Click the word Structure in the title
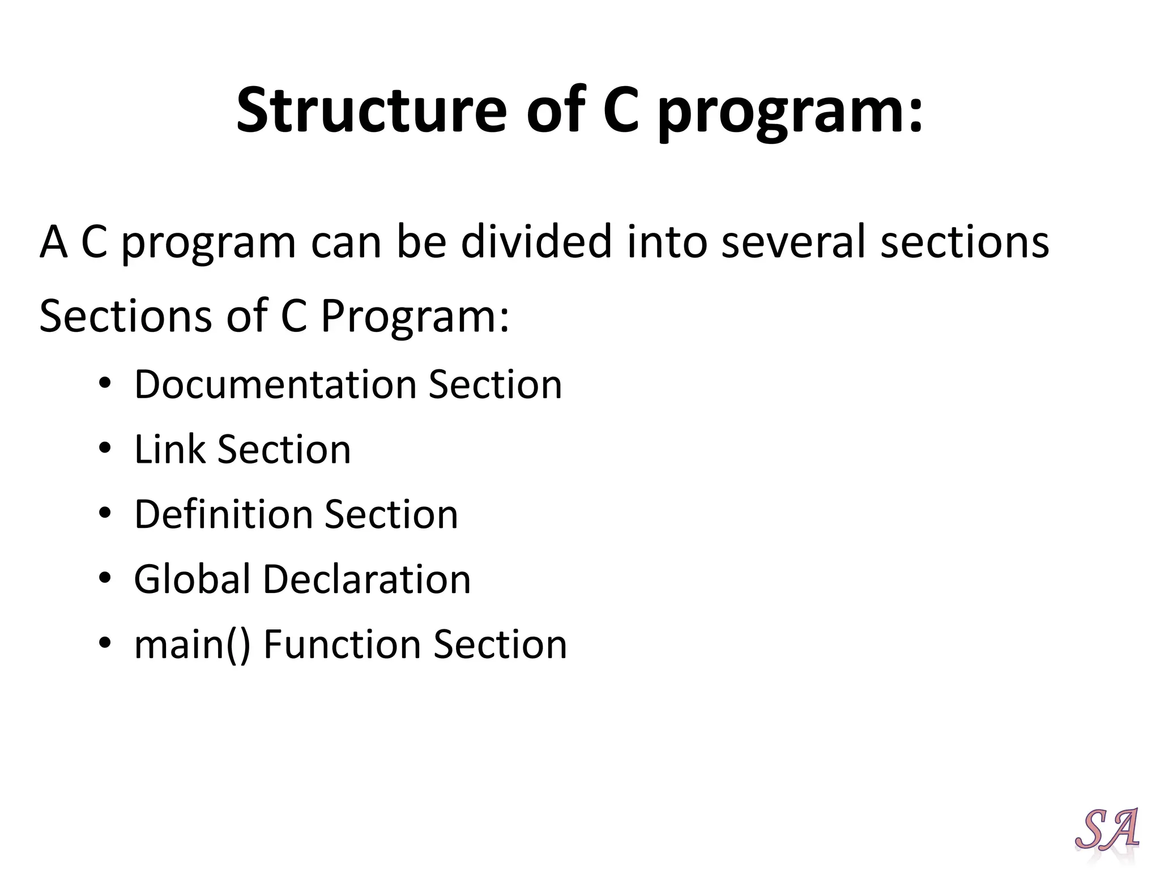[x=371, y=110]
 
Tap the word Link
[x=169, y=450]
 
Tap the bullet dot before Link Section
[x=105, y=448]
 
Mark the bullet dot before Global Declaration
[x=105, y=578]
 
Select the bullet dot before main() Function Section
[x=105, y=643]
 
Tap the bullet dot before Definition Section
[x=105, y=513]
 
